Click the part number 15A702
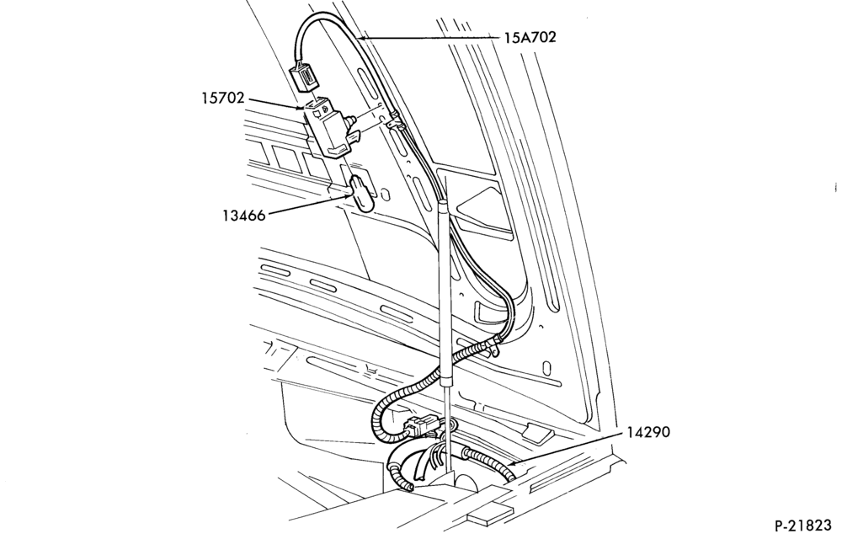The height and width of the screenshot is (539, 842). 530,38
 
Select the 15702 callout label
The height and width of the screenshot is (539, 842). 223,99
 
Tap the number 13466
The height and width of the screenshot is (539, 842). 244,216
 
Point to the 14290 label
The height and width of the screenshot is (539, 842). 648,432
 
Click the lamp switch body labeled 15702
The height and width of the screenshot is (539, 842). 326,126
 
